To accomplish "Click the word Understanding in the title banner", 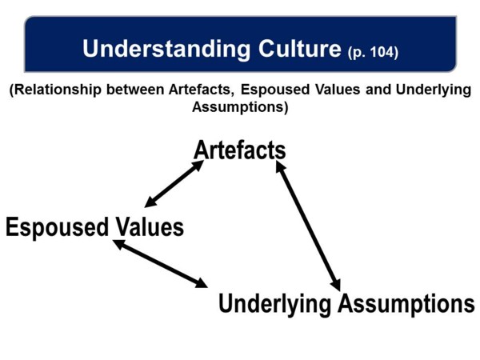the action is pos(166,49).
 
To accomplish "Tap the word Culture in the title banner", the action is pos(300,48).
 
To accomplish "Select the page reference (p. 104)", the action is pos(373,52).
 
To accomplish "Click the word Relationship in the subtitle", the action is pos(55,90).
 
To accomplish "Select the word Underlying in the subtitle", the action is pos(434,90).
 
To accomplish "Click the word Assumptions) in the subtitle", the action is pos(240,107).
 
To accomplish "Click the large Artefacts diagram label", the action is pos(240,150).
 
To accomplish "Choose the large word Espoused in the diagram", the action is pos(58,227).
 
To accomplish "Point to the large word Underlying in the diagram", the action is pos(275,304).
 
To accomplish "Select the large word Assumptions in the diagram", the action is pos(406,303).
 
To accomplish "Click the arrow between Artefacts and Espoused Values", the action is pos(174,184).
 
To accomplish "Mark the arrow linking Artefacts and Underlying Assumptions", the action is pos(308,226).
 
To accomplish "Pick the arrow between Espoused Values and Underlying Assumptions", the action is pos(160,263).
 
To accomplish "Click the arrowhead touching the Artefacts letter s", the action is pos(281,167).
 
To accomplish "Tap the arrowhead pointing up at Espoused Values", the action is pos(118,243).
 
